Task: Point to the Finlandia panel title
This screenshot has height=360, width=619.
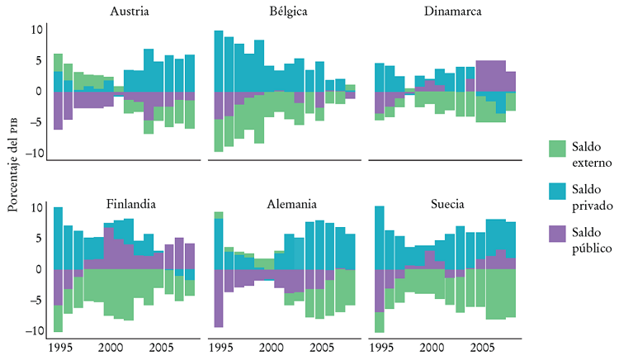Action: [132, 204]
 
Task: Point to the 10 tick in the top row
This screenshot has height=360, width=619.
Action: [37, 30]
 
